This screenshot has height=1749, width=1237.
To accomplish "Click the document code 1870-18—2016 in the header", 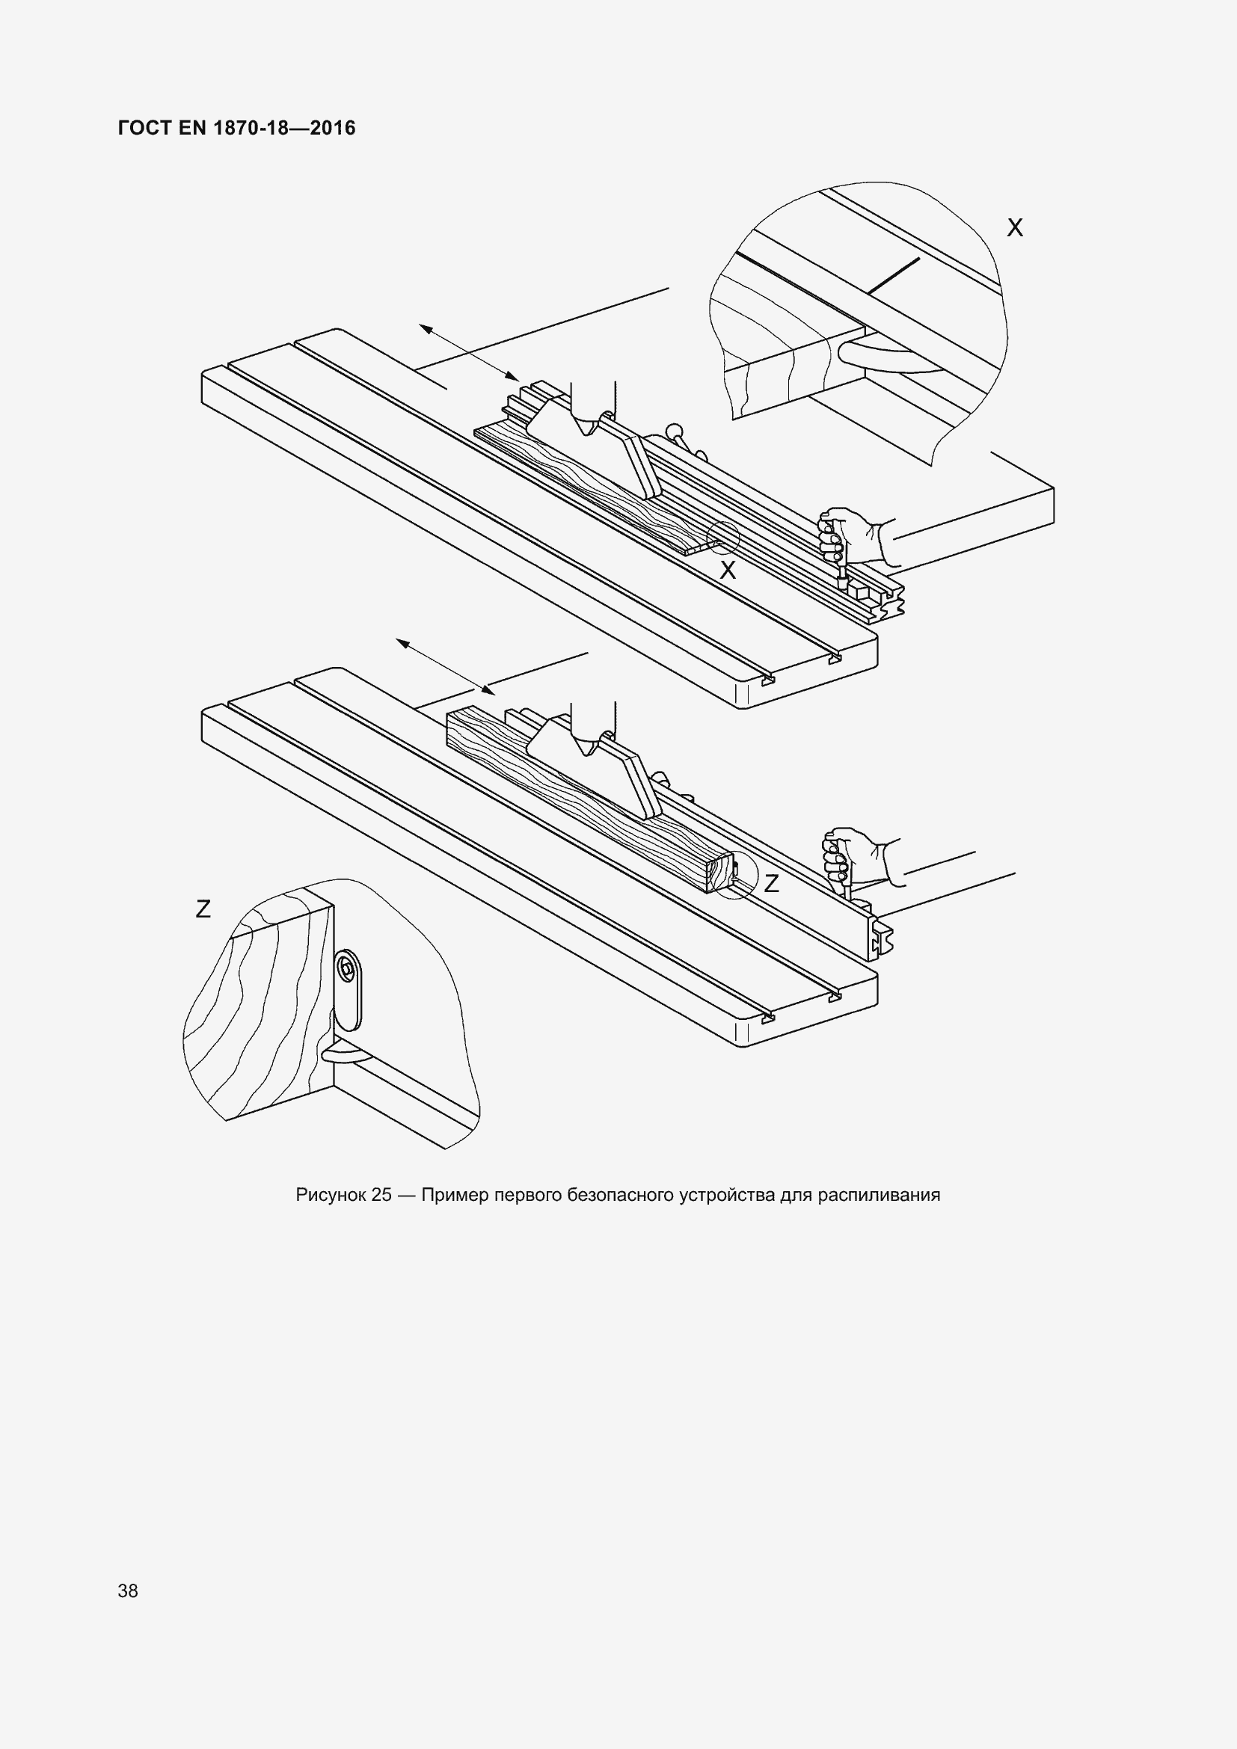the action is click(284, 128).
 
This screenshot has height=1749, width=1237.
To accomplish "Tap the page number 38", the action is click(128, 1590).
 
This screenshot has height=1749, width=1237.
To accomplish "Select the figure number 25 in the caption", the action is click(381, 1194).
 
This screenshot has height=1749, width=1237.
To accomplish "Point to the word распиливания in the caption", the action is click(879, 1195).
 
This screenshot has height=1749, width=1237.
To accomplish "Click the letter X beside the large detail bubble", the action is click(1015, 228).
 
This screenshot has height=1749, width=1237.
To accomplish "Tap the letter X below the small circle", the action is click(728, 570).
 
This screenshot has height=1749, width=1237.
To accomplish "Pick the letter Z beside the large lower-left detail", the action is click(203, 909).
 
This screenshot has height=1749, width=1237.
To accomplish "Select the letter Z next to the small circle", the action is click(772, 884).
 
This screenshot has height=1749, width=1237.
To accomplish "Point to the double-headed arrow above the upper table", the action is click(468, 352).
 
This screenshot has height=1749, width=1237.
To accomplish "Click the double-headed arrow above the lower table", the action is click(445, 667).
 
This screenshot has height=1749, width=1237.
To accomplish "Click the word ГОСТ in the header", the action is click(145, 128).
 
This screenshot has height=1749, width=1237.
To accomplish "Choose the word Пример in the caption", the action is click(455, 1195).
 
